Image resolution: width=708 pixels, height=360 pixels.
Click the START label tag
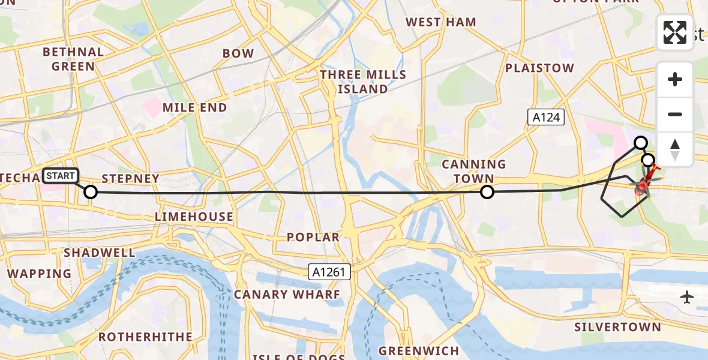pyautogui.click(x=61, y=176)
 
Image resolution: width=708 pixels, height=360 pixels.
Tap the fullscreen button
pyautogui.click(x=675, y=32)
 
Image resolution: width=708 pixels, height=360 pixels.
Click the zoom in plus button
pyautogui.click(x=675, y=79)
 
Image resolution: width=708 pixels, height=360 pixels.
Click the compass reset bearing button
pyautogui.click(x=675, y=149)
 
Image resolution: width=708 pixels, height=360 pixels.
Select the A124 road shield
pyautogui.click(x=547, y=117)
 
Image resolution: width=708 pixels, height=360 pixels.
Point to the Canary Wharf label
pyautogui.click(x=287, y=295)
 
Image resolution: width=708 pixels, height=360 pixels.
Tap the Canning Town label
pyautogui.click(x=474, y=171)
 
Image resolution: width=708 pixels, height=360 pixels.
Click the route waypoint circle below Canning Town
pyautogui.click(x=487, y=192)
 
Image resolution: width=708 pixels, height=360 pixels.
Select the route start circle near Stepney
pyautogui.click(x=90, y=192)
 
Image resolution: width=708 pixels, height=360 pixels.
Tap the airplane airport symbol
pyautogui.click(x=688, y=297)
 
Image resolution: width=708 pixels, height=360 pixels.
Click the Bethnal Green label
pyautogui.click(x=73, y=59)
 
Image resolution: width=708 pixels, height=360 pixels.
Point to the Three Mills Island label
pyautogui.click(x=362, y=82)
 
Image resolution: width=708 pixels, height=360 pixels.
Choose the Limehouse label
pyautogui.click(x=194, y=217)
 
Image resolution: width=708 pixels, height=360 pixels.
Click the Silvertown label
pyautogui.click(x=617, y=328)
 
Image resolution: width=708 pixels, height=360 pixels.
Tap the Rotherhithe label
pyautogui.click(x=146, y=337)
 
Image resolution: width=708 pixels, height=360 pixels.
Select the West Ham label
pyautogui.click(x=441, y=22)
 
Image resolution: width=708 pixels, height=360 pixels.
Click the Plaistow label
pyautogui.click(x=539, y=68)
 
